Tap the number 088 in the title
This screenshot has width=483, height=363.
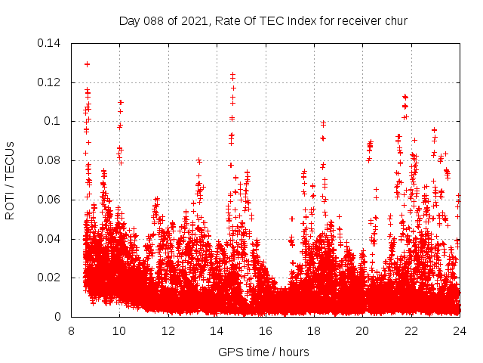point(152,20)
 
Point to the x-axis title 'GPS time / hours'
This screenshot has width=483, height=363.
point(263,352)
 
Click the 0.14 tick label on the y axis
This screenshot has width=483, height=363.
point(50,42)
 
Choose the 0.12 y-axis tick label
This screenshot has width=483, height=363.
point(50,82)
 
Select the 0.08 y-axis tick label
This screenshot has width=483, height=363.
point(50,160)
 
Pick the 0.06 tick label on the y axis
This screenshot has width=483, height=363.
point(50,200)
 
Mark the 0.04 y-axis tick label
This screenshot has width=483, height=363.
point(50,239)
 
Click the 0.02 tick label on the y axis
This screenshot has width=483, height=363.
point(50,278)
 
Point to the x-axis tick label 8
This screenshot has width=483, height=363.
point(71,330)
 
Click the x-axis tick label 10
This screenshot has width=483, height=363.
point(119,330)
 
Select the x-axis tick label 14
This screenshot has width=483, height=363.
point(217,330)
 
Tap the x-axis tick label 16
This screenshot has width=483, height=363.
point(265,330)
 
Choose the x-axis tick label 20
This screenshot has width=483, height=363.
point(362,330)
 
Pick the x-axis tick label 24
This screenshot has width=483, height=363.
point(459,330)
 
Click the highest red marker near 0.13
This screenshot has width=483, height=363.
point(87,64)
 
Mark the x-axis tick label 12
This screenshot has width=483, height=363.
point(168,330)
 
